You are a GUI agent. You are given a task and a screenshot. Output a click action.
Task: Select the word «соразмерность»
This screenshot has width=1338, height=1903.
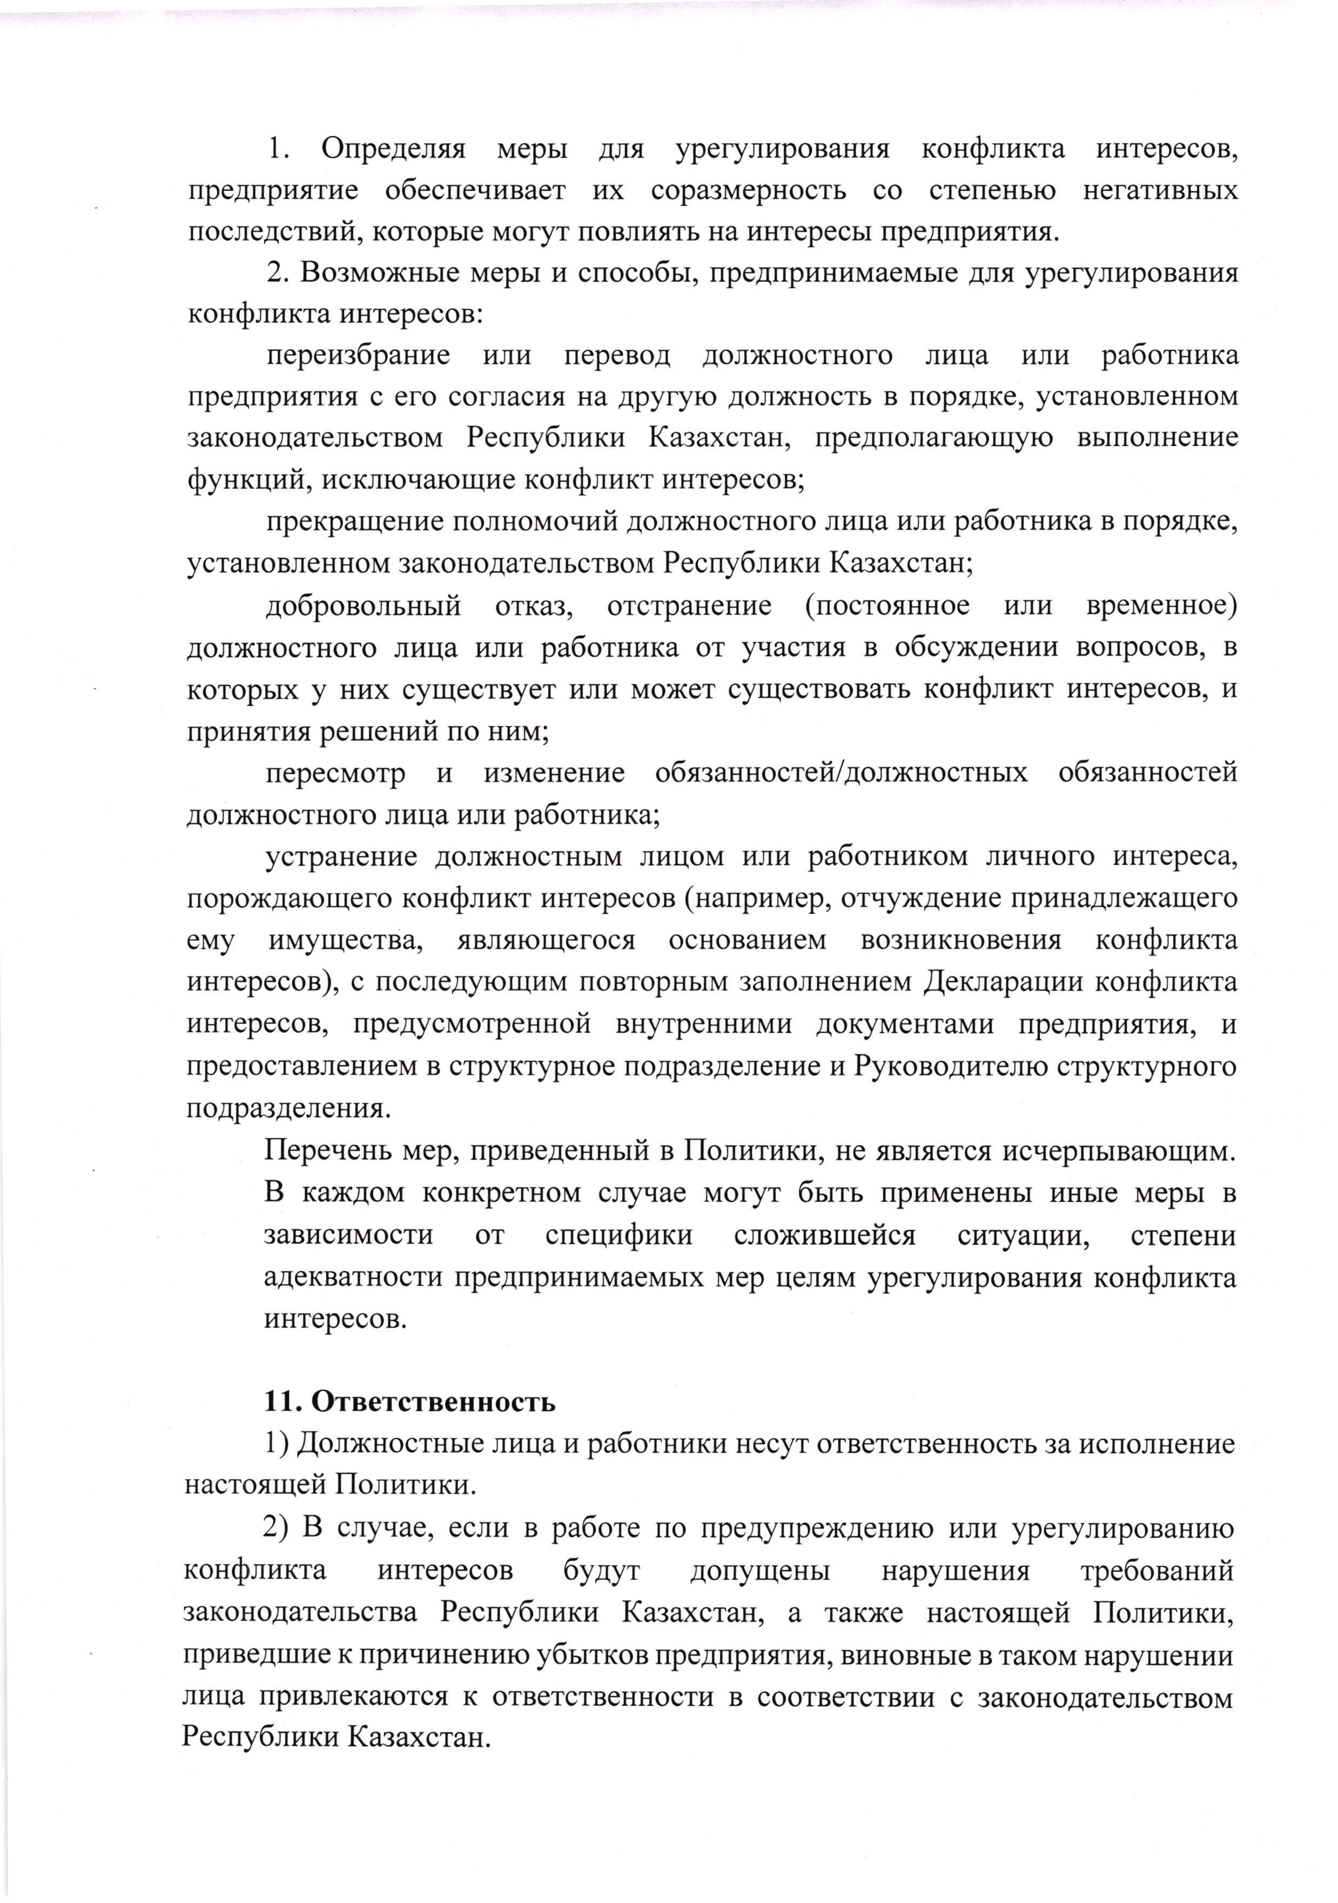[x=748, y=191]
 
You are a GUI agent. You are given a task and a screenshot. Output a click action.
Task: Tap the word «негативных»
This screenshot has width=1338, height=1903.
[x=1160, y=191]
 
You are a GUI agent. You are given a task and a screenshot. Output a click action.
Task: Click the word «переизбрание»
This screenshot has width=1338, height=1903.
[x=358, y=356]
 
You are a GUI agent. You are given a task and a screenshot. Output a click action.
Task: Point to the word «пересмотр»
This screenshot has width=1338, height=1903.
[x=335, y=773]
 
